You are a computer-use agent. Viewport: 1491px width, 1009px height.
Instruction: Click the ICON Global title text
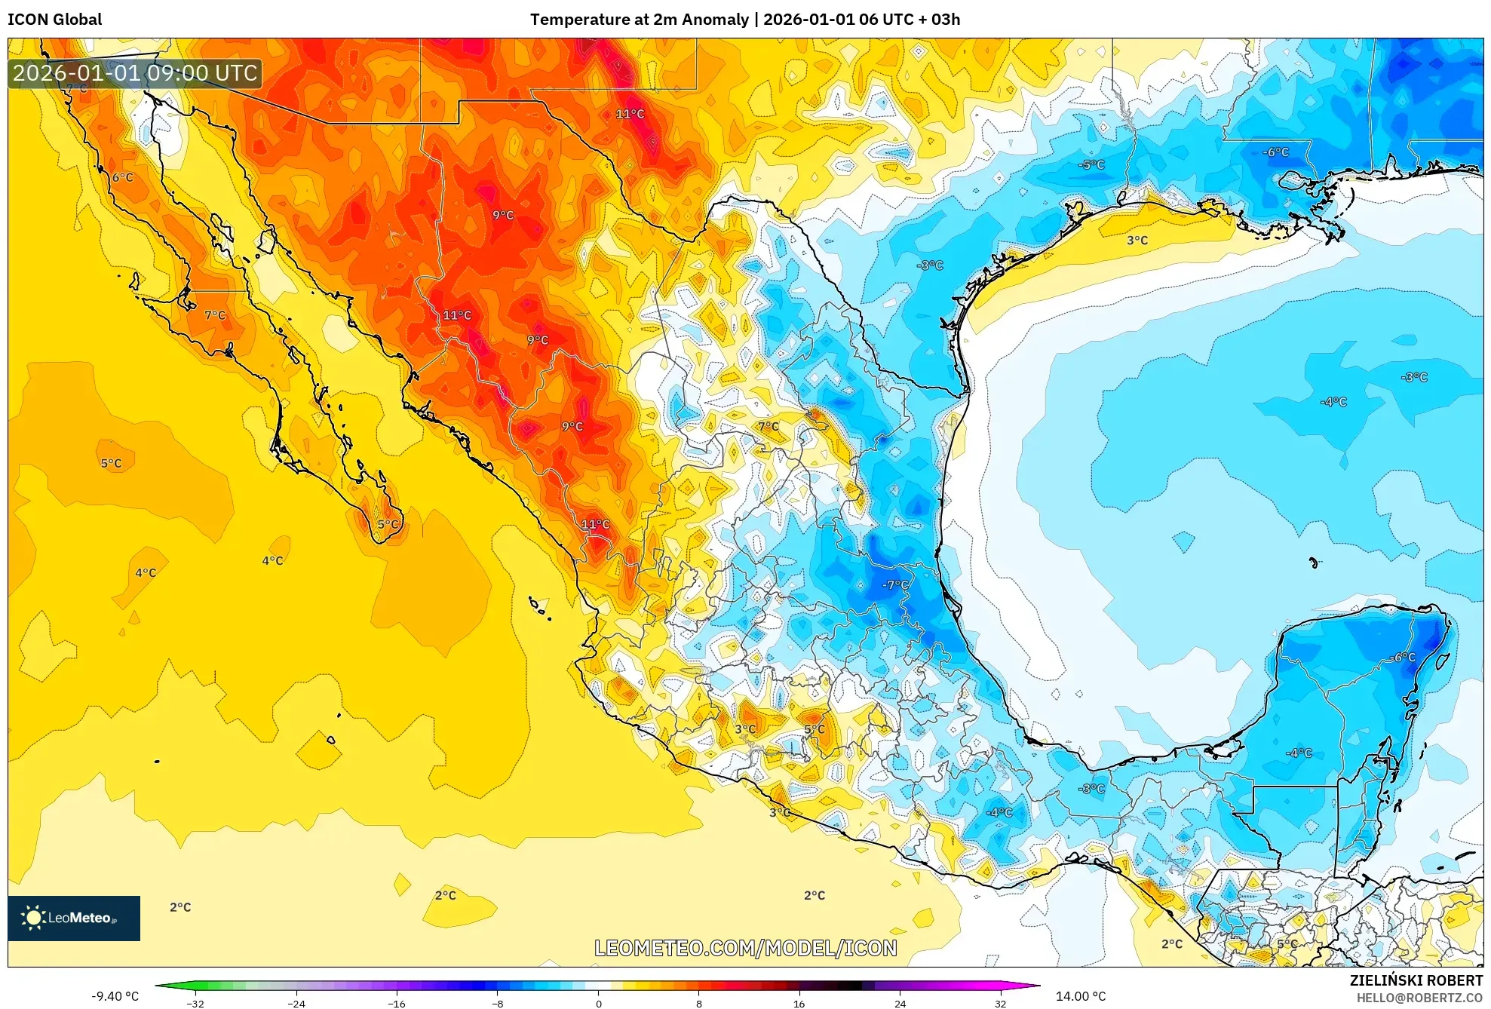(x=54, y=20)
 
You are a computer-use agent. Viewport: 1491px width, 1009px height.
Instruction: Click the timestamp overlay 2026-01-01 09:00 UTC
(x=135, y=73)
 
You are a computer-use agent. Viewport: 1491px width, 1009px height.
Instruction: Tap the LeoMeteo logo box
(x=74, y=918)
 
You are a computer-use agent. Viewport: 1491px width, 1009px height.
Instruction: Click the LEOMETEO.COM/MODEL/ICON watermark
(x=745, y=948)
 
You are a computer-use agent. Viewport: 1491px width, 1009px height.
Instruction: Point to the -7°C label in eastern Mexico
(x=895, y=584)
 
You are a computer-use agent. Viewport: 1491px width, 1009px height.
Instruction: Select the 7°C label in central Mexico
(x=768, y=427)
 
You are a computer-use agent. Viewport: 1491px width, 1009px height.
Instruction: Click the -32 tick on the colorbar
(x=195, y=1003)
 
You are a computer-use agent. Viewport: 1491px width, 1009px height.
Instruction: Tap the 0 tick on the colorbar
(x=598, y=1003)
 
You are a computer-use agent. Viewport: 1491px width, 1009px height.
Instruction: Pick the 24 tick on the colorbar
(x=900, y=1003)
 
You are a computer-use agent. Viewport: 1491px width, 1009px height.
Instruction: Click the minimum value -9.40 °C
(x=115, y=996)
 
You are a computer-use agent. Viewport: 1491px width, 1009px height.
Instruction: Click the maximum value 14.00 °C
(x=1080, y=996)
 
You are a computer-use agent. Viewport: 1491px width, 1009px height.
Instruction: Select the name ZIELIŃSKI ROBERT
(x=1416, y=980)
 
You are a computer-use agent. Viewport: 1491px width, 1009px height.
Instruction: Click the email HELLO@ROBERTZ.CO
(x=1419, y=998)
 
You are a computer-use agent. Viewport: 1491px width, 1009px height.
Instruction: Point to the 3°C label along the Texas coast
(x=1137, y=241)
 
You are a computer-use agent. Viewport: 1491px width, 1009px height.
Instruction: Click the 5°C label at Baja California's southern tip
(x=388, y=524)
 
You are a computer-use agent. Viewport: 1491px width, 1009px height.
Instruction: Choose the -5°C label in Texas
(x=1091, y=164)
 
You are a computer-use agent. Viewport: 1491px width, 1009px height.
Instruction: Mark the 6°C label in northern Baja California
(x=122, y=177)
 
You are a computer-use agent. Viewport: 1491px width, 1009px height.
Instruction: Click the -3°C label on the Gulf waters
(x=1414, y=377)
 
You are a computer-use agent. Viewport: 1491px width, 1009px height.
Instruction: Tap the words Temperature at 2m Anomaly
(x=640, y=20)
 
